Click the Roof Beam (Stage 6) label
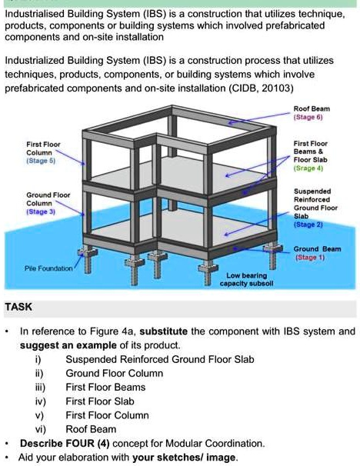(312, 113)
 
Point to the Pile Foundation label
(48, 268)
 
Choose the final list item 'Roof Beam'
(91, 429)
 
